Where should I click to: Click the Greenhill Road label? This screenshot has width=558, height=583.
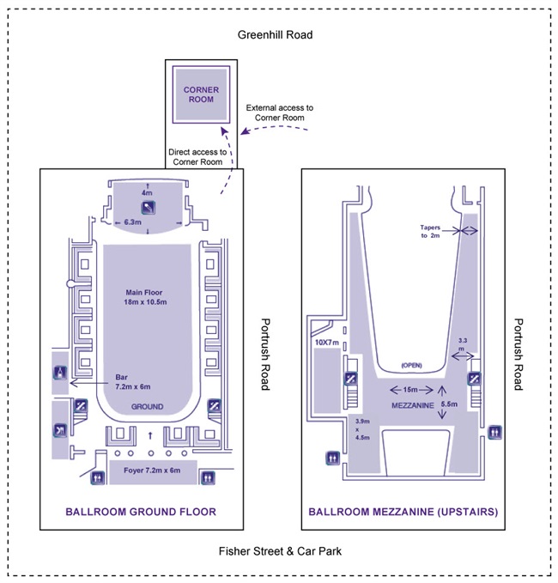tap(275, 35)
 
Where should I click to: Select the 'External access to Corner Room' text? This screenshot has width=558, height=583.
tap(280, 112)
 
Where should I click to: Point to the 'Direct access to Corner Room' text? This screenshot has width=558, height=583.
tap(198, 156)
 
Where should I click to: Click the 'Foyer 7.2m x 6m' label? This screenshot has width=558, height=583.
tap(149, 471)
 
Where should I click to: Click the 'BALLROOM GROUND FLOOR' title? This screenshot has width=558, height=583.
tap(141, 512)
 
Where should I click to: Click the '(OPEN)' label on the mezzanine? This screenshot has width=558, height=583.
tap(413, 365)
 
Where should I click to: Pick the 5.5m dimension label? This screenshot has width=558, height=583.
tap(448, 402)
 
